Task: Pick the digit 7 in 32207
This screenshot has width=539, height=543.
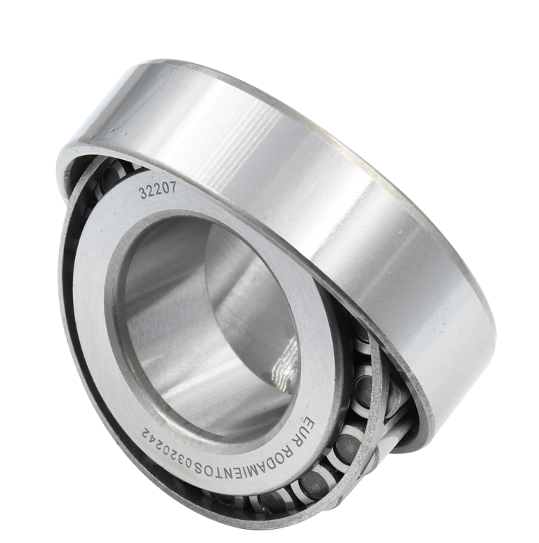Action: point(174,187)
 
